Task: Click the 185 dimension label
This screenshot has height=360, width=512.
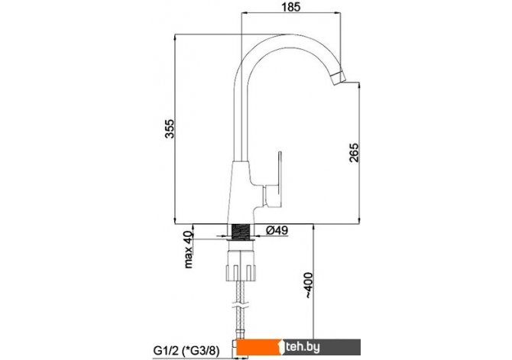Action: (290, 7)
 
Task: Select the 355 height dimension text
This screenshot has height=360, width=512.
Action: (170, 129)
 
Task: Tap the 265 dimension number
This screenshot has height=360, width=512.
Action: (354, 152)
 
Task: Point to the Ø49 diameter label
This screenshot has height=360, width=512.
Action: (277, 230)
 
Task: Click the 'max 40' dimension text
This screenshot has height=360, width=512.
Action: (188, 249)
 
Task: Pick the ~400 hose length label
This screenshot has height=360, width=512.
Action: (308, 285)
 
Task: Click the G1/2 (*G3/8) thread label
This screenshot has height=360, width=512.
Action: (186, 351)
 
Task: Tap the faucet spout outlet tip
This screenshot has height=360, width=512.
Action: (339, 79)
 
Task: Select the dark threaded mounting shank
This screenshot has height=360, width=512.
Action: (241, 232)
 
